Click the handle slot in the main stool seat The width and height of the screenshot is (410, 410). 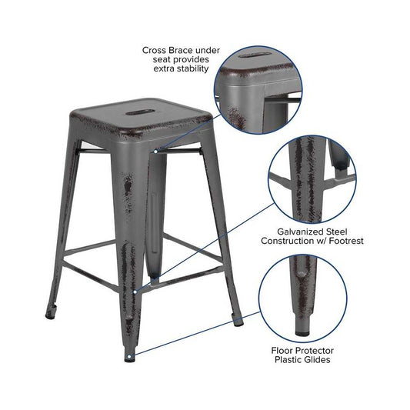point(137,113)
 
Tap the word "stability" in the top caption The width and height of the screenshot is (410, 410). point(194,68)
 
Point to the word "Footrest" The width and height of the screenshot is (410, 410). point(346,241)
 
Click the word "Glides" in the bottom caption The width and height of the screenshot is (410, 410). point(317,360)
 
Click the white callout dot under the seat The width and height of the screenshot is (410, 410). point(155,152)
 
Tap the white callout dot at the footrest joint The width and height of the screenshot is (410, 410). point(135,292)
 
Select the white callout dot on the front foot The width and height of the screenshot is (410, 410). point(129,356)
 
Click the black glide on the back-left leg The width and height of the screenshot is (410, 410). point(50,315)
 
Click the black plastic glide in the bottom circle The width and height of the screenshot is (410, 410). point(302,333)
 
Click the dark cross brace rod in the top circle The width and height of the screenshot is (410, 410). point(283,100)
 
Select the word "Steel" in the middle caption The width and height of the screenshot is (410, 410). point(336,232)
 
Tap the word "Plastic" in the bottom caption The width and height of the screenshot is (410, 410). point(288,360)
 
